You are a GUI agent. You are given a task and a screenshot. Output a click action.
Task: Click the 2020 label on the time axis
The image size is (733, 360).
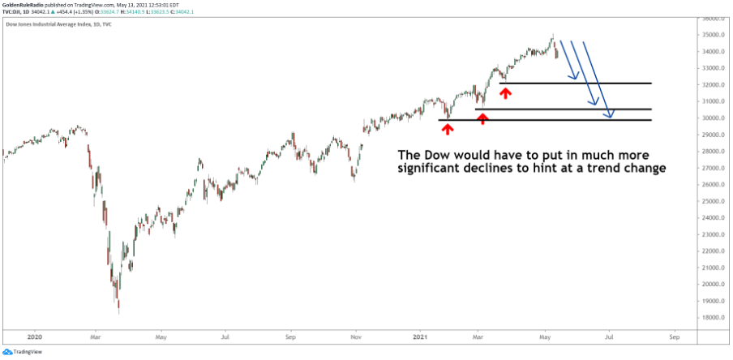pos(34,335)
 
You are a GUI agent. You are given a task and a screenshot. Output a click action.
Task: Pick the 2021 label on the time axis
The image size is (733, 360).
pos(418,335)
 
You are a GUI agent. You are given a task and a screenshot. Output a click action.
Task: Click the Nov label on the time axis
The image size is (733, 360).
pos(355,335)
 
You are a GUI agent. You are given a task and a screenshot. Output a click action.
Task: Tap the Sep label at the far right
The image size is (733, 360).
pos(673,335)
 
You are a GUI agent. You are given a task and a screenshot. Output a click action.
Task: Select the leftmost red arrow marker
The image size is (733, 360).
pos(447,129)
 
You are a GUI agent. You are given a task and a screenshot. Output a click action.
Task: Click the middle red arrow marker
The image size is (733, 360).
pos(482,118)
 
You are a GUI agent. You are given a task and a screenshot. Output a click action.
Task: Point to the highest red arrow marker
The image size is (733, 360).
pos(505,93)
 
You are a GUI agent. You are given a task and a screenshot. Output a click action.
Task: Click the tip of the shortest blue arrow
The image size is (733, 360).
pos(577,79)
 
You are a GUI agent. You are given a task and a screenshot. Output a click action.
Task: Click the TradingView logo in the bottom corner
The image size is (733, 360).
pos(23,352)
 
